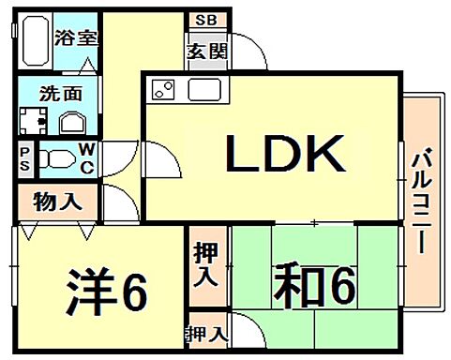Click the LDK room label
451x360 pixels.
point(286,155)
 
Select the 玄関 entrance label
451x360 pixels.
point(207,52)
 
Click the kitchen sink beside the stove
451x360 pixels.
point(203,91)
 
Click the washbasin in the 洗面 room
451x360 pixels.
point(73,121)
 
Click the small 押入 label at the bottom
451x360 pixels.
point(207,333)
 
